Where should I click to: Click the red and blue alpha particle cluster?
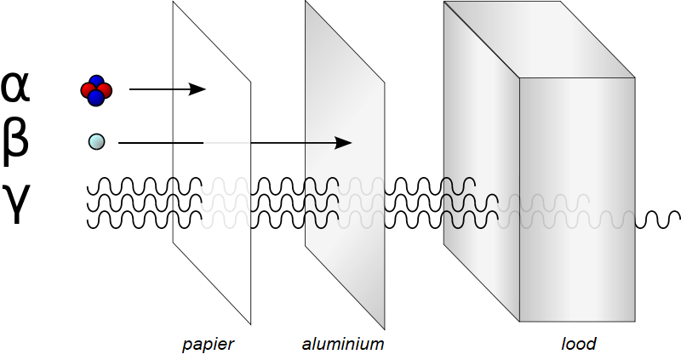[x=96, y=89]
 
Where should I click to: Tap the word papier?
[x=208, y=345]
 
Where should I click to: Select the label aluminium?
[x=343, y=345]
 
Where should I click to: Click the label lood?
[x=579, y=345]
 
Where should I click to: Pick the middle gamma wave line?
[x=145, y=203]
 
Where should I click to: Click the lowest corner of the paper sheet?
[x=250, y=324]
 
